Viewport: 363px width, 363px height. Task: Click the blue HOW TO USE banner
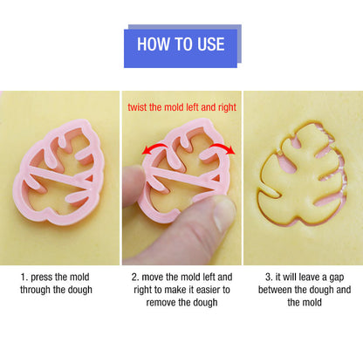tap(181, 45)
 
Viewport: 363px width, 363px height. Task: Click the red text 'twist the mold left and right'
tap(181, 107)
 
